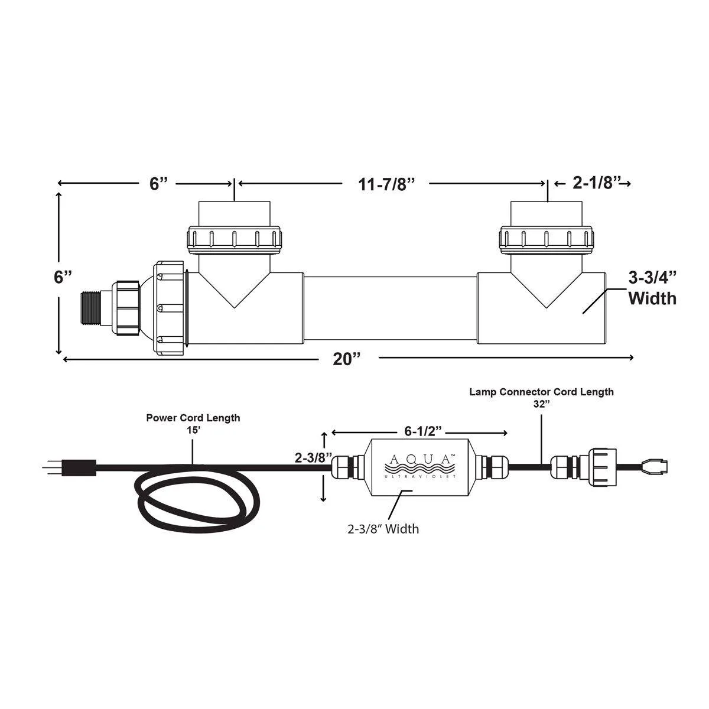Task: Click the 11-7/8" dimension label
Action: [x=385, y=184]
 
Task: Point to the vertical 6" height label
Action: [x=63, y=277]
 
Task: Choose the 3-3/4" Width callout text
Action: [x=652, y=288]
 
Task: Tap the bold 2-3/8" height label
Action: [x=314, y=458]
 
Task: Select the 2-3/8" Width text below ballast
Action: [x=383, y=529]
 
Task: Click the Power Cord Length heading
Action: [x=193, y=418]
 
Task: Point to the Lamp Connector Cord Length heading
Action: [x=541, y=392]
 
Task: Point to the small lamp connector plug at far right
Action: [x=656, y=467]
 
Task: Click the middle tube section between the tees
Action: [x=390, y=307]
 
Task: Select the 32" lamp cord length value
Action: [x=541, y=404]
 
